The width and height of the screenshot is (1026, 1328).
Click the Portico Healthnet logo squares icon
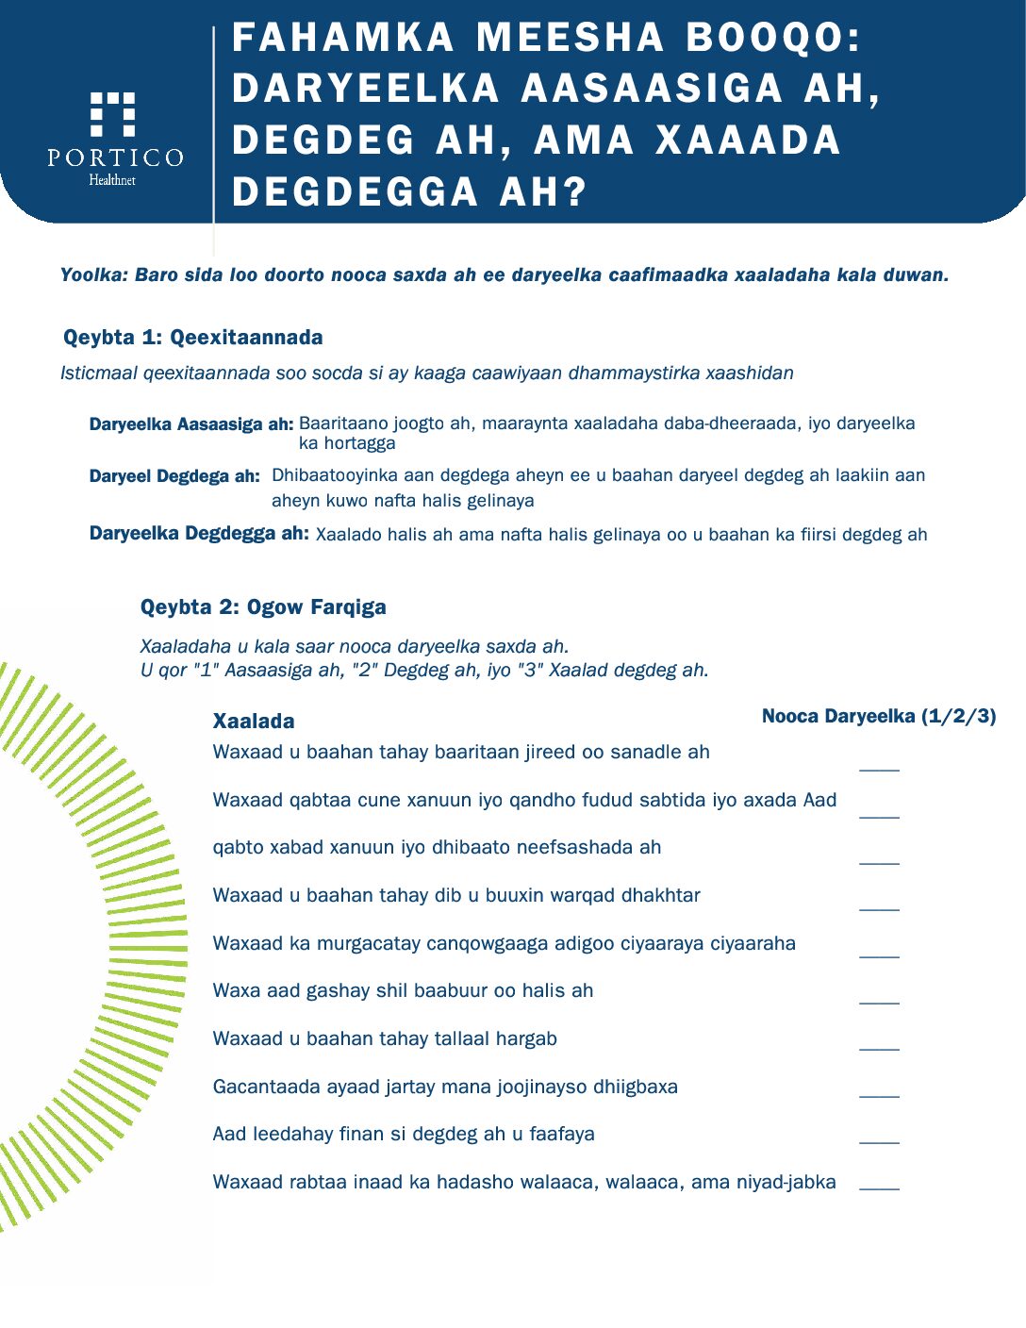[112, 114]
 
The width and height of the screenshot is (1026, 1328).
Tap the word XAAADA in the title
[747, 141]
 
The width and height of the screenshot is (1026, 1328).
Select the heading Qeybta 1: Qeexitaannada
[192, 338]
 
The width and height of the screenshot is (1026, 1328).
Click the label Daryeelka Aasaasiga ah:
[191, 424]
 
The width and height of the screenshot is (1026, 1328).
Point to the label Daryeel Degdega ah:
[174, 476]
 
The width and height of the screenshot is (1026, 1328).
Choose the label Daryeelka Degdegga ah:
[199, 534]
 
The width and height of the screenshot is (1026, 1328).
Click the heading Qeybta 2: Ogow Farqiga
[263, 607]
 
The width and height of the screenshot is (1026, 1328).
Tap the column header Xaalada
[254, 722]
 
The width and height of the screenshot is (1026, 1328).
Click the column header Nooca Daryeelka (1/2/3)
[879, 717]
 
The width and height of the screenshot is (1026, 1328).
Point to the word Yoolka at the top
[92, 275]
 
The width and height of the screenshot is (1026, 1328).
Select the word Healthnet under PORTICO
[112, 180]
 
